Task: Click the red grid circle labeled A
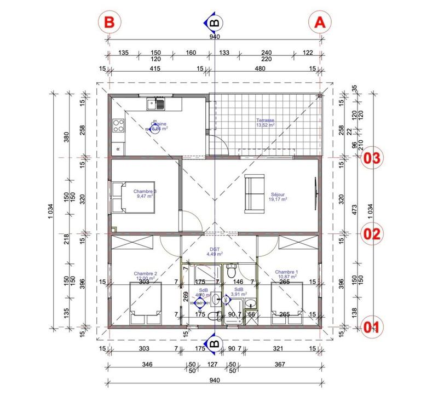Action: click(x=320, y=22)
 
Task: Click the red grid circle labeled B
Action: click(x=109, y=22)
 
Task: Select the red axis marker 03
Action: click(x=372, y=158)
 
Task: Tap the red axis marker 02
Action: click(x=372, y=234)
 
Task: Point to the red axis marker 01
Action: click(x=372, y=327)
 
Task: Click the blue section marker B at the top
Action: click(x=214, y=22)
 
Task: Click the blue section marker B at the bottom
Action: click(x=214, y=343)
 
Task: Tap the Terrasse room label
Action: click(x=264, y=120)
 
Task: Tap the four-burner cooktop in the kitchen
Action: click(x=117, y=126)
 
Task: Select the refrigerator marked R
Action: click(x=118, y=148)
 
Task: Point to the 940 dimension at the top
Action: click(x=214, y=37)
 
